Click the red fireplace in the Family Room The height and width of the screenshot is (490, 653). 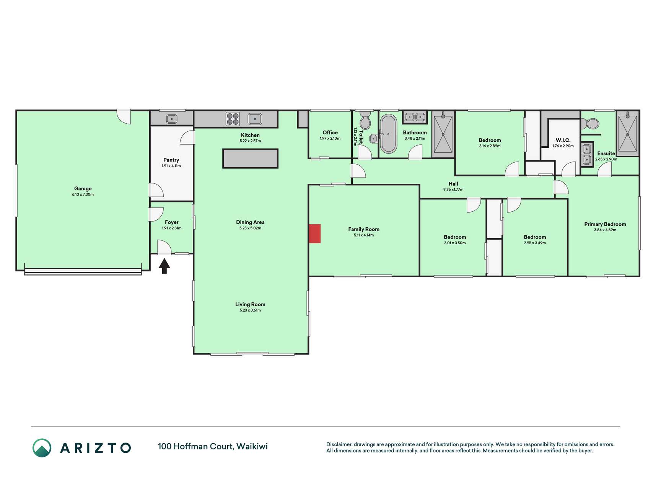click(315, 234)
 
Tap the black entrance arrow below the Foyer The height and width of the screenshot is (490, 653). click(164, 266)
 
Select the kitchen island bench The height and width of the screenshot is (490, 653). click(250, 158)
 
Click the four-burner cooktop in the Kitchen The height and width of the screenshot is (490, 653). click(233, 119)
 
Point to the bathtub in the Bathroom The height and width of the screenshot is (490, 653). click(389, 134)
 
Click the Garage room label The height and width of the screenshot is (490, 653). click(83, 188)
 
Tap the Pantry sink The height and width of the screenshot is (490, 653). click(172, 119)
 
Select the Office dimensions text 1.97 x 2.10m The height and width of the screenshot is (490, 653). click(330, 139)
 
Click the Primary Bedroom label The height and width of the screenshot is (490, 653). click(605, 224)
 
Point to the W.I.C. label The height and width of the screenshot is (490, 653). click(563, 140)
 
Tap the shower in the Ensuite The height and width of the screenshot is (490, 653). click(628, 134)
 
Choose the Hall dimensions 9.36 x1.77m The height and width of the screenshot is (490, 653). click(453, 189)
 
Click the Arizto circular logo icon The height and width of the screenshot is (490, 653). click(42, 448)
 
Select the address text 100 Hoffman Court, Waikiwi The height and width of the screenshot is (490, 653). click(213, 446)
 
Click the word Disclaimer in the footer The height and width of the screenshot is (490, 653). click(339, 444)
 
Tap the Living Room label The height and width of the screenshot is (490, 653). click(250, 304)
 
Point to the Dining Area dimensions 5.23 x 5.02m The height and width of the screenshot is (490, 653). click(250, 228)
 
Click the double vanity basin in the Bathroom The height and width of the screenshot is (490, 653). click(415, 117)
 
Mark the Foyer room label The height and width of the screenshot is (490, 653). click(172, 222)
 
